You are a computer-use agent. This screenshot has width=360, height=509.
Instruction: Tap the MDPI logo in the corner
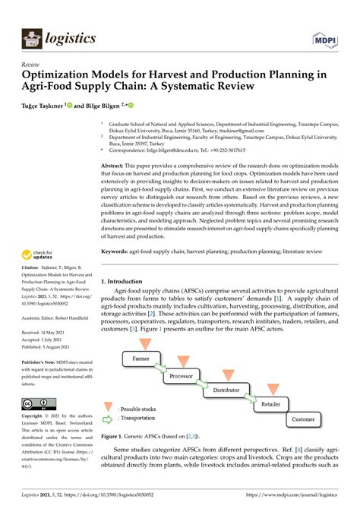323,37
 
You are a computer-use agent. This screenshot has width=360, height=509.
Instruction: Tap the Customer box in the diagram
303,419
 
